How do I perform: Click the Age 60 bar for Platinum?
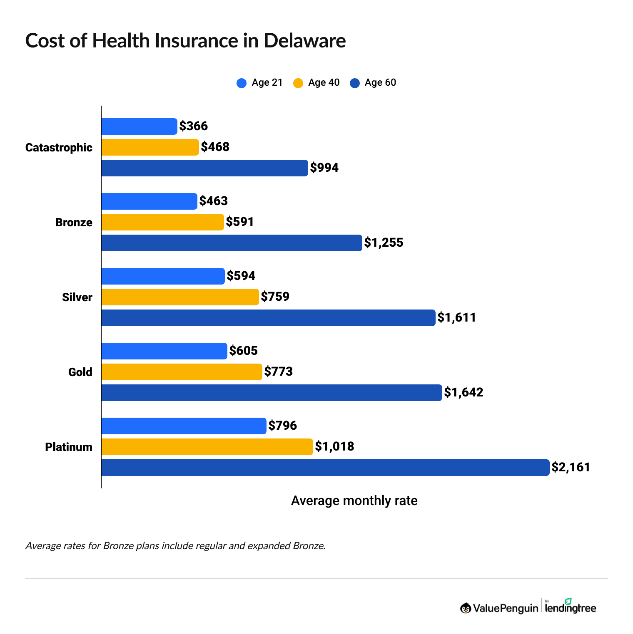[x=325, y=467]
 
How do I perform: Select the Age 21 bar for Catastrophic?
[x=139, y=126]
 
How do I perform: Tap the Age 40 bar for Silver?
[x=180, y=297]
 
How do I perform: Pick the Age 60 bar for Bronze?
[x=232, y=243]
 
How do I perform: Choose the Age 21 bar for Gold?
[x=164, y=351]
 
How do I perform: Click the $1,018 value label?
[x=334, y=446]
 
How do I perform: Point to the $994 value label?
[x=324, y=168]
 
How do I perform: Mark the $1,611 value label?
[x=456, y=317]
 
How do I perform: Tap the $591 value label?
[x=240, y=222]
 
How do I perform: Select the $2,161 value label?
[x=571, y=467]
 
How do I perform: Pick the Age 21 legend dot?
[x=242, y=83]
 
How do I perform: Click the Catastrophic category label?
[x=59, y=147]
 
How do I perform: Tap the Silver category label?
[x=77, y=297]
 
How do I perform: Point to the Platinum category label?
[x=69, y=447]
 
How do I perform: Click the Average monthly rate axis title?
[x=354, y=500]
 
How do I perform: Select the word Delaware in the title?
[x=304, y=41]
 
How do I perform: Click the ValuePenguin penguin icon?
[x=466, y=608]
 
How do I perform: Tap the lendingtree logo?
[x=570, y=607]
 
